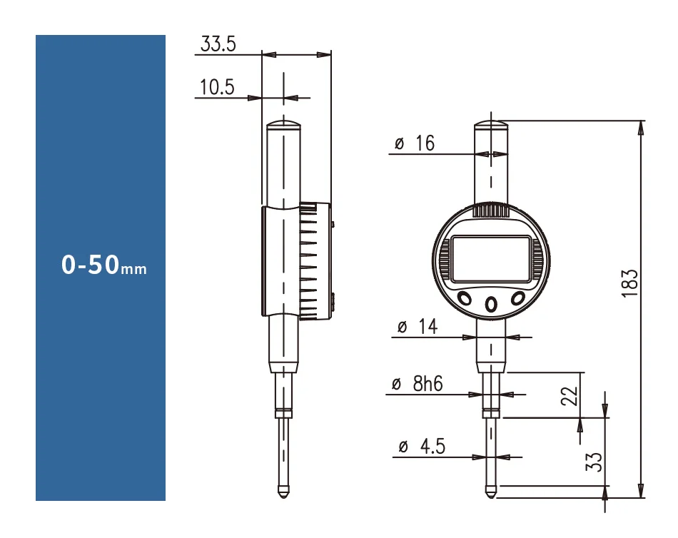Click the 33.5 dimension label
[x=218, y=44]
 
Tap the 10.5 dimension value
[x=217, y=87]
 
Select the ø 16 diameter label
[x=415, y=143]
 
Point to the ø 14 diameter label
[x=418, y=327]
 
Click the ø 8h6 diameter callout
[x=418, y=384]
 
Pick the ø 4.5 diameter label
[x=422, y=447]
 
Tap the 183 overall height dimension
[x=629, y=283]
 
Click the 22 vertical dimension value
[x=569, y=396]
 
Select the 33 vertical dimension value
[x=594, y=462]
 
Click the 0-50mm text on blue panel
[x=103, y=265]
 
